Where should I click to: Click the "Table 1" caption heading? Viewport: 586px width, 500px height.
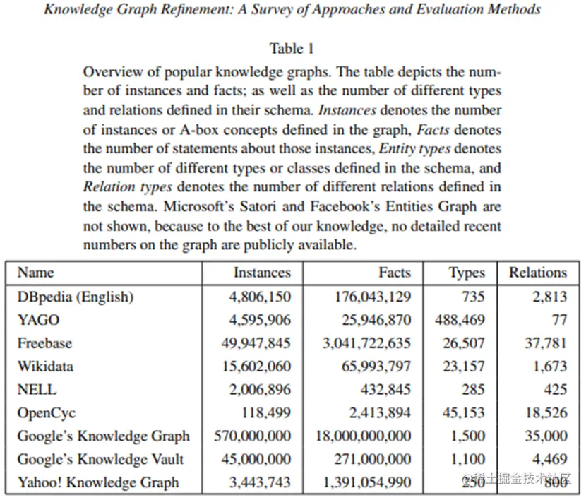[292, 49]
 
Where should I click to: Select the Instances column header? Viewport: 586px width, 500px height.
[262, 273]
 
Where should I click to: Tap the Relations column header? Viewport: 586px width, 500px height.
[538, 273]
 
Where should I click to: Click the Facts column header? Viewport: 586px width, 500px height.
[395, 273]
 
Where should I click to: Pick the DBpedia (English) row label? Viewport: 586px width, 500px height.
[76, 297]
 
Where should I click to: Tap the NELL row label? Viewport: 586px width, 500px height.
[37, 389]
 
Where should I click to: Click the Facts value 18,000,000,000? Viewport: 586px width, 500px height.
[363, 436]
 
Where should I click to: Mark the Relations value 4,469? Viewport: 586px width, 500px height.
[550, 459]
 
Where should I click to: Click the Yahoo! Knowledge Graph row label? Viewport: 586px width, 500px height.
[98, 482]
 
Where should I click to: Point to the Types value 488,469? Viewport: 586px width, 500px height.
[460, 320]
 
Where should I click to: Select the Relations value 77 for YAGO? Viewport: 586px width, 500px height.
[559, 320]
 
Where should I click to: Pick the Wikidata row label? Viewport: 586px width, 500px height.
[45, 367]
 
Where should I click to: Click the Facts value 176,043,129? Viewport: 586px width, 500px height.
[372, 297]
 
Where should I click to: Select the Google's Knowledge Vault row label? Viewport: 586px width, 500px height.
[100, 459]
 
